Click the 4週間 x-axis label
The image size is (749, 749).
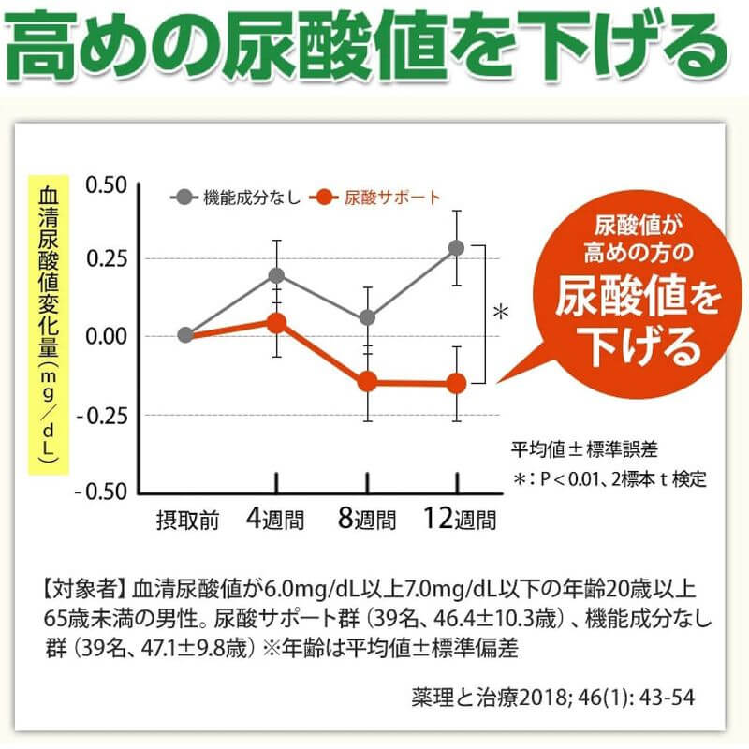coord(275,519)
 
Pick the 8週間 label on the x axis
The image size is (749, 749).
coord(366,519)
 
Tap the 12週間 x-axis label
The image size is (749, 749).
coord(459,518)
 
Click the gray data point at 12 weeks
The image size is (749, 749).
coord(456,248)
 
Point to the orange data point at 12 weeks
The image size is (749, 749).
coord(456,383)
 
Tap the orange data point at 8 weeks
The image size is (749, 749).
coord(368,381)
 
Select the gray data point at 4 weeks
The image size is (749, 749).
coord(276,275)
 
